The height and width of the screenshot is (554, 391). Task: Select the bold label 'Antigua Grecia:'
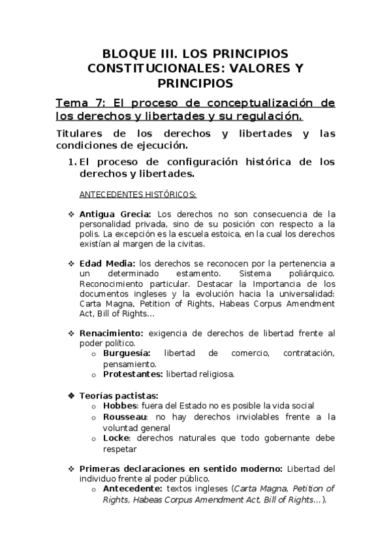[x=115, y=214]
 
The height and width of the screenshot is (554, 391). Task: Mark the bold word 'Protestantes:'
[x=133, y=374]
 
